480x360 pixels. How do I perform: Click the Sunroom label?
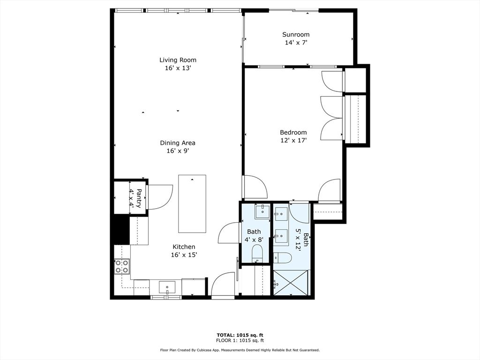click(x=296, y=35)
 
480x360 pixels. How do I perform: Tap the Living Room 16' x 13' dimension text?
click(x=178, y=68)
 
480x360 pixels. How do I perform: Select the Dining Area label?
click(x=178, y=143)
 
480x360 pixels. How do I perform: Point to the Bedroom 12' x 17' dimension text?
click(x=293, y=140)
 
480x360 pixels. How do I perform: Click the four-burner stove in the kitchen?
click(x=122, y=266)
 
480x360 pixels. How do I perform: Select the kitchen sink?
click(x=167, y=286)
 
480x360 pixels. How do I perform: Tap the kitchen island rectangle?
click(x=192, y=203)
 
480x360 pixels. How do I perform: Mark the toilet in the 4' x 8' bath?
click(x=257, y=255)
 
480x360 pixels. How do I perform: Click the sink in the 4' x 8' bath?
click(x=262, y=211)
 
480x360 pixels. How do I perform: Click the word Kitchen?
click(x=184, y=247)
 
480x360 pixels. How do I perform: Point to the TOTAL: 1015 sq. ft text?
click(x=240, y=335)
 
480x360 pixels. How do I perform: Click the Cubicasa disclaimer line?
click(x=240, y=350)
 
